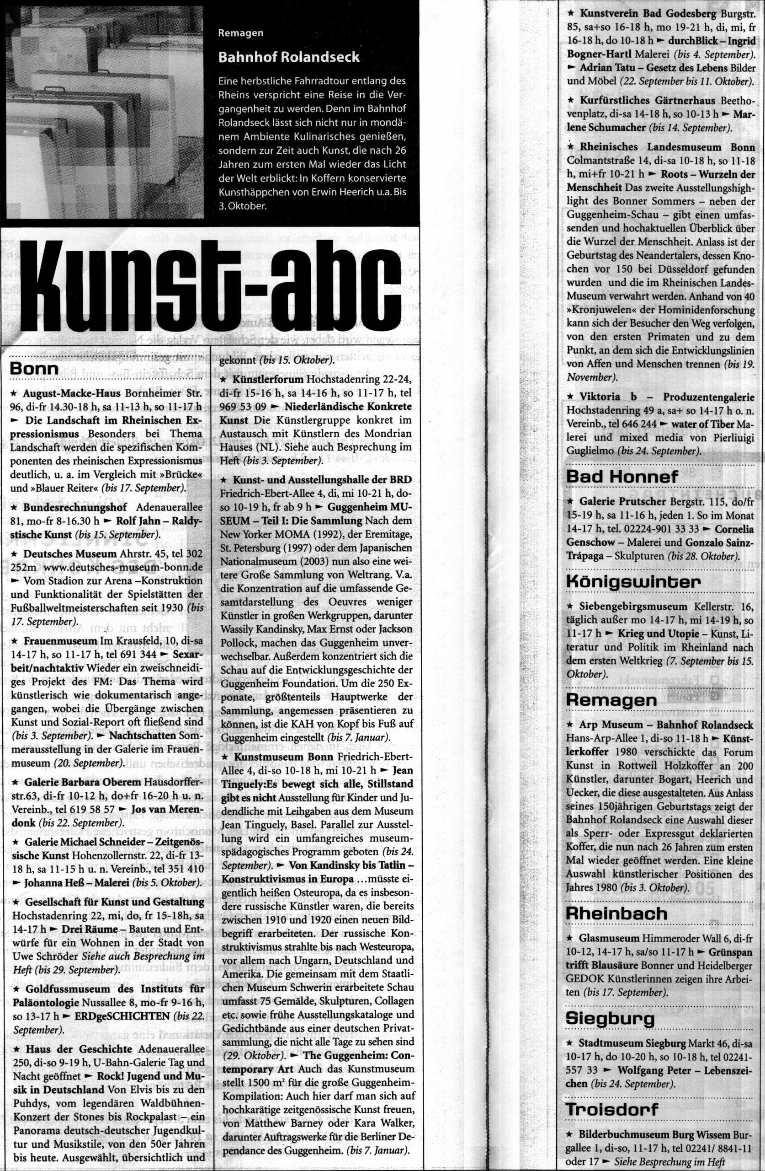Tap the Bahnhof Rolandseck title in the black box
[289, 57]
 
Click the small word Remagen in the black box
[240, 33]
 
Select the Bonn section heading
[34, 369]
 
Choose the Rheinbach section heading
[616, 913]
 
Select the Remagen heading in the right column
[611, 700]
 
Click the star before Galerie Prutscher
[570, 501]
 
